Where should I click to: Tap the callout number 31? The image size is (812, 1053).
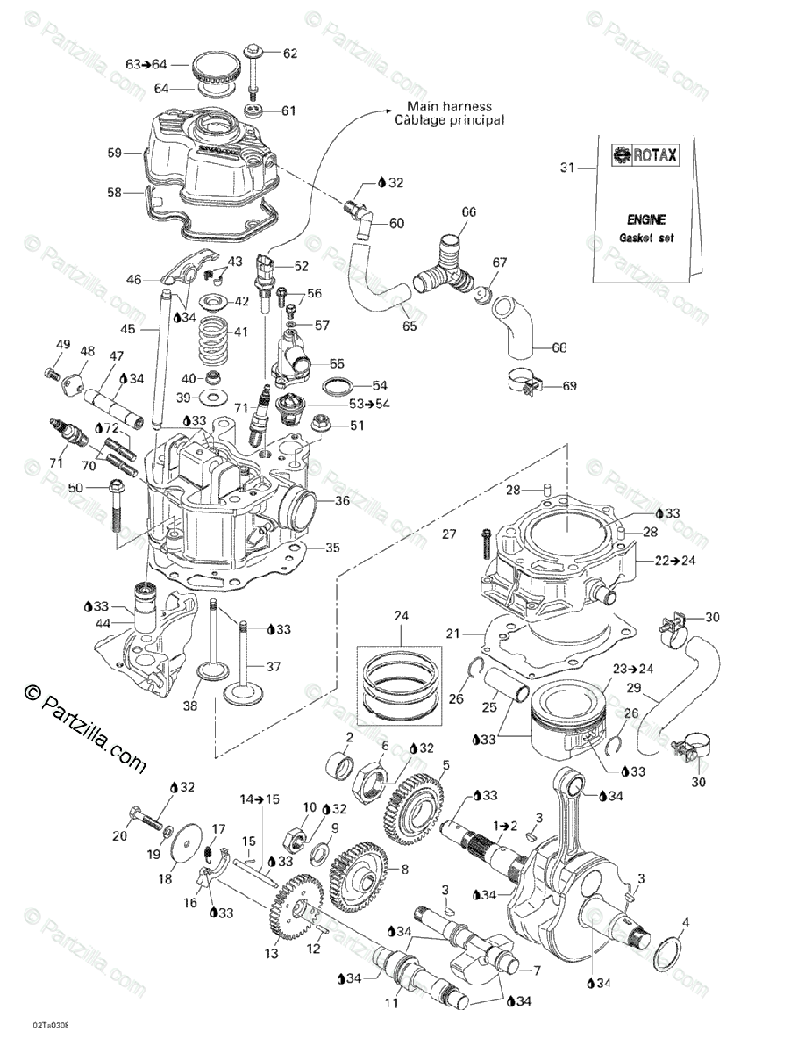[x=566, y=168]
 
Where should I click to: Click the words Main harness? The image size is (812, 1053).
[x=455, y=106]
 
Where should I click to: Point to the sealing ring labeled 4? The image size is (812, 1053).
[x=672, y=951]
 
